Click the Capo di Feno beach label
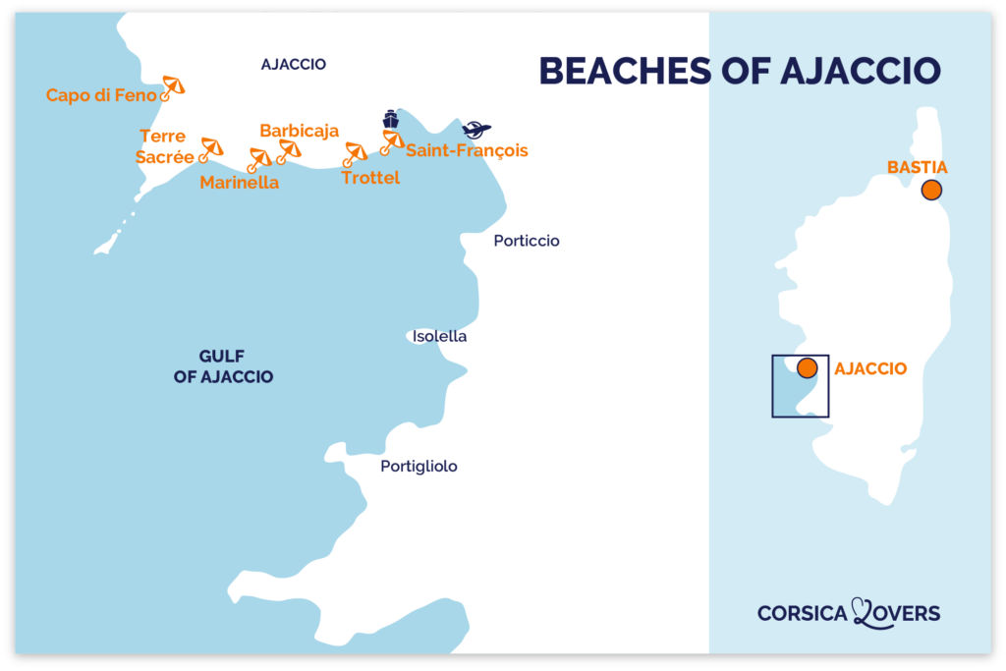pyautogui.click(x=101, y=95)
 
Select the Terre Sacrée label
pyautogui.click(x=165, y=146)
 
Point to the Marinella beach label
pyautogui.click(x=239, y=183)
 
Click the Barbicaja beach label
pyautogui.click(x=299, y=131)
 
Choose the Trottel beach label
pyautogui.click(x=370, y=178)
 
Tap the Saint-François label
pyautogui.click(x=467, y=150)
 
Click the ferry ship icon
pyautogui.click(x=391, y=119)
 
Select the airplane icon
pyautogui.click(x=476, y=130)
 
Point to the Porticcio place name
pyautogui.click(x=527, y=241)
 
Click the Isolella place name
pyautogui.click(x=439, y=336)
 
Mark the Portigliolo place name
pyautogui.click(x=419, y=467)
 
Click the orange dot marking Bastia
pyautogui.click(x=930, y=191)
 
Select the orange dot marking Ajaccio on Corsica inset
pyautogui.click(x=807, y=368)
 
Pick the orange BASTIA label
pyautogui.click(x=917, y=168)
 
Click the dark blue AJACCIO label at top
pyautogui.click(x=293, y=65)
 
